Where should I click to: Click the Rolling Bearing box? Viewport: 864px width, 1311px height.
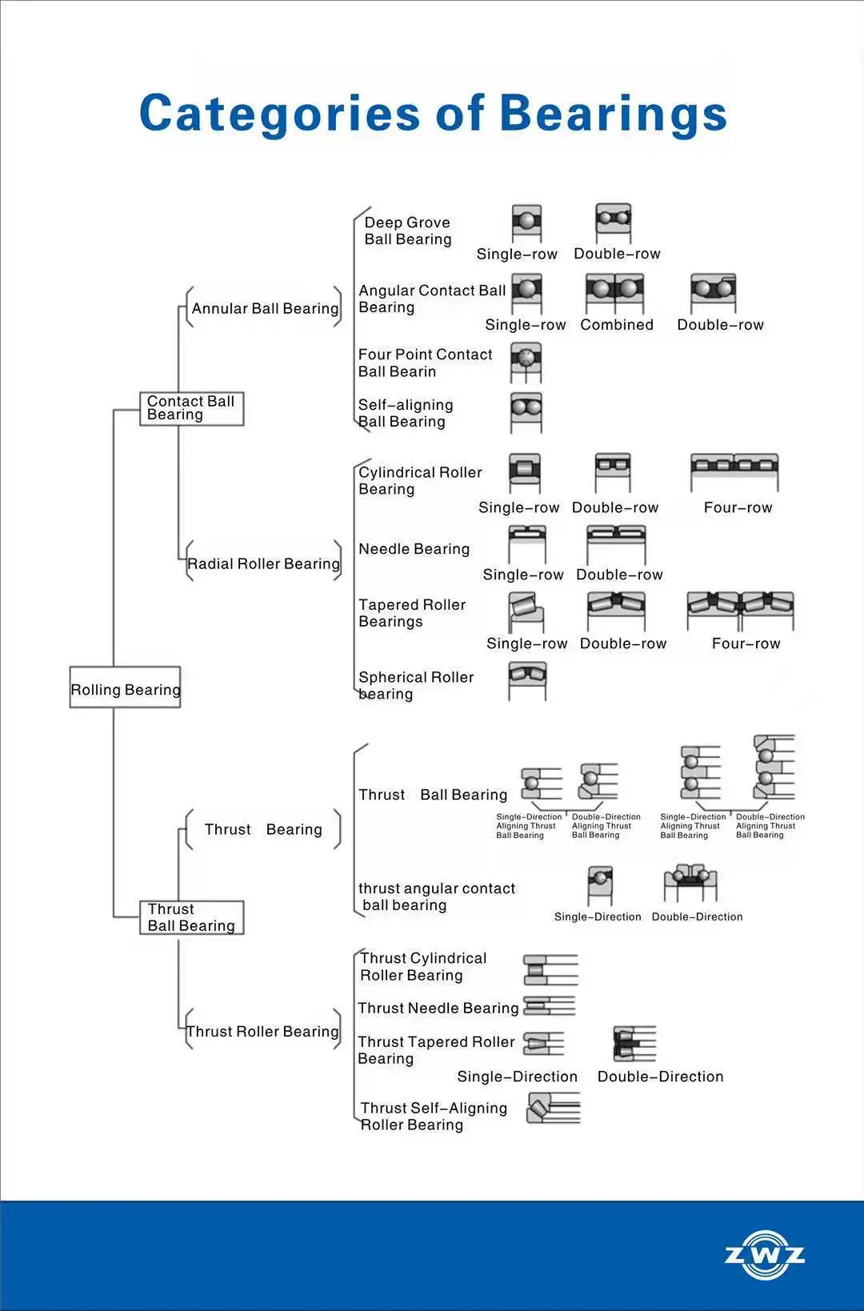click(126, 688)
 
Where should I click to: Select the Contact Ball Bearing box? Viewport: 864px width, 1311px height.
click(191, 408)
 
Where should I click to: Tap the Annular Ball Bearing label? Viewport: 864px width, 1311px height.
click(265, 309)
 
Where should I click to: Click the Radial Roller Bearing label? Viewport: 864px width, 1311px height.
click(263, 564)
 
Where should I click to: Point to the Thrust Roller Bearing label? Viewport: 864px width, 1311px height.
click(262, 1032)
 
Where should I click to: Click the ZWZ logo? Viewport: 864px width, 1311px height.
click(764, 1254)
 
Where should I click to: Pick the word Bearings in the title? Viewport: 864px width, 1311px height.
click(614, 113)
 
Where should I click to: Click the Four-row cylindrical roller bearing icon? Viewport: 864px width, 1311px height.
click(734, 470)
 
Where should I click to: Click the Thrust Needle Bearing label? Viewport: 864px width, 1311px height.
click(438, 1008)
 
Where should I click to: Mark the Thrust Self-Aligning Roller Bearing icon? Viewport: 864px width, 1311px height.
click(552, 1109)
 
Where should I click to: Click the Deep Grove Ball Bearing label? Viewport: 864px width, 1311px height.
click(408, 231)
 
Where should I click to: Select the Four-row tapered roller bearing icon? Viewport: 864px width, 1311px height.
click(740, 610)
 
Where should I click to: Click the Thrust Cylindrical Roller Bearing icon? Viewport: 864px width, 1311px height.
click(550, 969)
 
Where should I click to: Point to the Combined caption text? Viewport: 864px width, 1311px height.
click(617, 325)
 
